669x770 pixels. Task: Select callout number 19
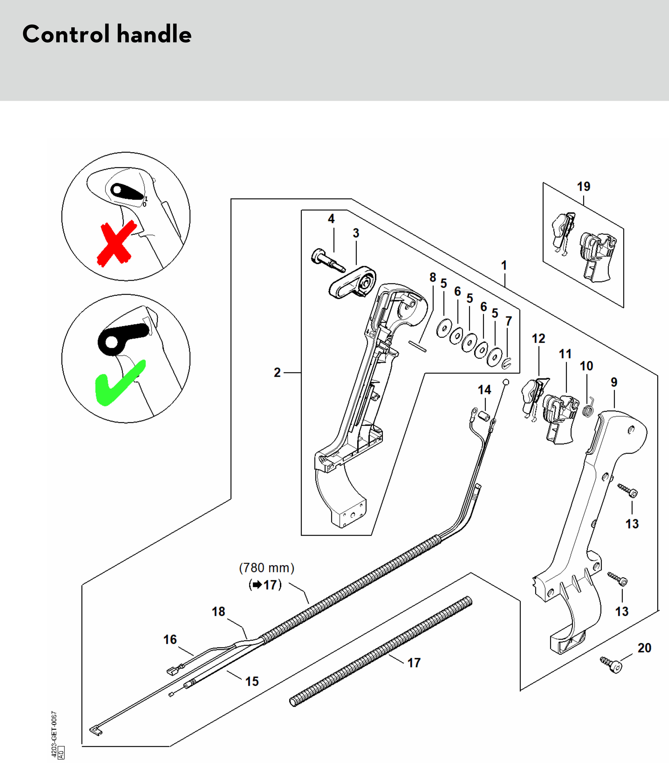pyautogui.click(x=584, y=186)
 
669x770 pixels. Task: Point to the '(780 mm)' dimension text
pyautogui.click(x=266, y=568)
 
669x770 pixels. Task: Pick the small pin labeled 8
pyautogui.click(x=417, y=346)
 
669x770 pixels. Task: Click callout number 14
pyautogui.click(x=484, y=390)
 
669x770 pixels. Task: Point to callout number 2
pyautogui.click(x=277, y=372)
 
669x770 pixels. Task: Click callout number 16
pyautogui.click(x=170, y=639)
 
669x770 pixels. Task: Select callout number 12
pyautogui.click(x=538, y=338)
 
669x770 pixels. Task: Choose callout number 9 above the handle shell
pyautogui.click(x=614, y=382)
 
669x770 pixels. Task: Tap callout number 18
pyautogui.click(x=218, y=611)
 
